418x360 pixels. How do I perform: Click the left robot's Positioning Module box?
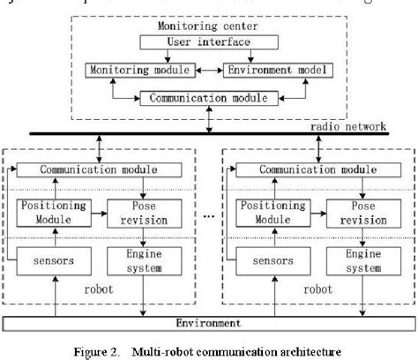[51, 213]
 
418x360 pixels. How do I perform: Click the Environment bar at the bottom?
[209, 323]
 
